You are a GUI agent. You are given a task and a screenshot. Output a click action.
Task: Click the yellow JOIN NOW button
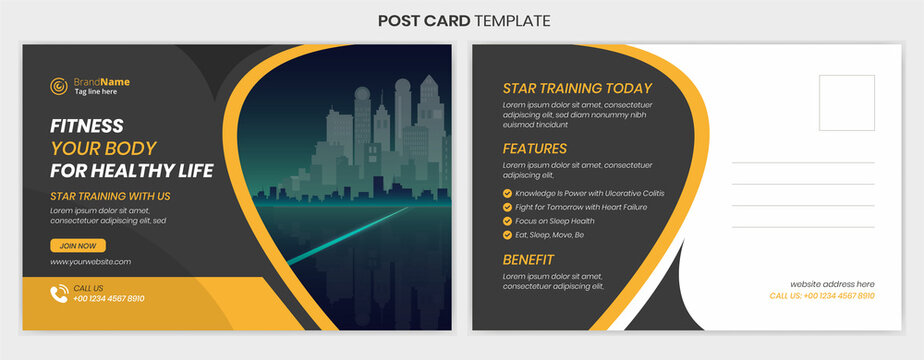pyautogui.click(x=78, y=245)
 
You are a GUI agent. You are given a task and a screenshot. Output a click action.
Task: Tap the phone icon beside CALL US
pyautogui.click(x=58, y=293)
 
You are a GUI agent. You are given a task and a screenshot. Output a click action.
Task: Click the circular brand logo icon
pyautogui.click(x=58, y=86)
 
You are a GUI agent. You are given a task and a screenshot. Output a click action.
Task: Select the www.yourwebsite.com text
pyautogui.click(x=90, y=262)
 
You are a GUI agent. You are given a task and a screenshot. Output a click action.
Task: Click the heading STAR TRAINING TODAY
pyautogui.click(x=576, y=88)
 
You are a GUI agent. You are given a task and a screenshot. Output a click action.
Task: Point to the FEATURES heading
pyautogui.click(x=534, y=149)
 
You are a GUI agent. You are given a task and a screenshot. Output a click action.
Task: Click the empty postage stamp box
pyautogui.click(x=846, y=102)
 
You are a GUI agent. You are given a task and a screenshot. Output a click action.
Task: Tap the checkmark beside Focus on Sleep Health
pyautogui.click(x=507, y=221)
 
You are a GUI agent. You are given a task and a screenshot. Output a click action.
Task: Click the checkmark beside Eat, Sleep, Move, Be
pyautogui.click(x=507, y=235)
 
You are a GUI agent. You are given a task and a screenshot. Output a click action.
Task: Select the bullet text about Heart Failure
pyautogui.click(x=581, y=207)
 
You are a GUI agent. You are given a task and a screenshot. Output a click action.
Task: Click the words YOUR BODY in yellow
pyautogui.click(x=103, y=148)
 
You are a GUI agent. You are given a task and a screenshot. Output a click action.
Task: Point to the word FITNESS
pyautogui.click(x=87, y=126)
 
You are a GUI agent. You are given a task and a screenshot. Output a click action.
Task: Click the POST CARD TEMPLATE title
pyautogui.click(x=462, y=20)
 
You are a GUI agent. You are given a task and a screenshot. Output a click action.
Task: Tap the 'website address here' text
pyautogui.click(x=832, y=284)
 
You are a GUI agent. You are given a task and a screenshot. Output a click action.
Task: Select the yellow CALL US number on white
pyautogui.click(x=821, y=296)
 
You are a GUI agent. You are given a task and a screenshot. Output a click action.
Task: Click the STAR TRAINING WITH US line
pyautogui.click(x=110, y=196)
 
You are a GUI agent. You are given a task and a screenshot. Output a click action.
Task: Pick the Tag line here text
pyautogui.click(x=95, y=92)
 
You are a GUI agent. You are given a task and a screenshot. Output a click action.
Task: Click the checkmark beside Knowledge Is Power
pyautogui.click(x=507, y=193)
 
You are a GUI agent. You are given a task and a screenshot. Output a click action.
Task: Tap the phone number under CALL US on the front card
pyautogui.click(x=109, y=298)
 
